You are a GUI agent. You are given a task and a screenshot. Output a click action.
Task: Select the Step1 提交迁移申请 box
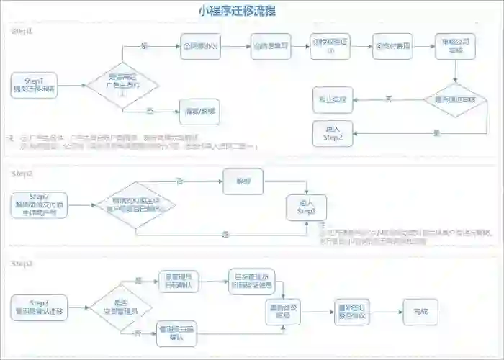[x=34, y=85]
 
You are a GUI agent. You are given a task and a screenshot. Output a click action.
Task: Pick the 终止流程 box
[x=331, y=99]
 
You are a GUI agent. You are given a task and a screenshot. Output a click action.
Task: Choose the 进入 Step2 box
[x=331, y=132]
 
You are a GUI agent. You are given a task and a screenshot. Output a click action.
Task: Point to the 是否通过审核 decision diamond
[x=454, y=99]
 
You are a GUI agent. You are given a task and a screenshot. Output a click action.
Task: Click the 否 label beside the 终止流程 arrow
[x=389, y=97]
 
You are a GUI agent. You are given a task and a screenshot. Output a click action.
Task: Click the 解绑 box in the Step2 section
[x=242, y=181]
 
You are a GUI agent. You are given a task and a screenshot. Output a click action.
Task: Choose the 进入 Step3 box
[x=307, y=208]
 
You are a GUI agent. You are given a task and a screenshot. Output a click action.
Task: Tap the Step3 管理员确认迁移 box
[x=40, y=307]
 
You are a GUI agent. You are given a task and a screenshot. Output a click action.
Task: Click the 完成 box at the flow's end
[x=420, y=311]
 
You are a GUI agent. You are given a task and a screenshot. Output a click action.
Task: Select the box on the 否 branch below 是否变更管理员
[x=178, y=331]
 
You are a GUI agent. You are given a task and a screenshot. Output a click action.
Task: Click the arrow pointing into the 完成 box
[x=392, y=311]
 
